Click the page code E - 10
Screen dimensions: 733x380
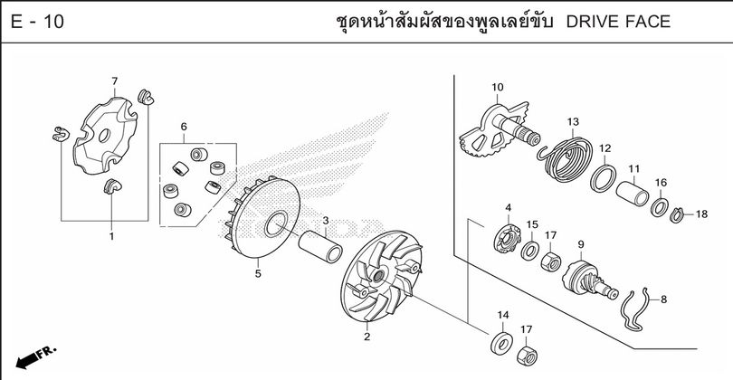coord(37,22)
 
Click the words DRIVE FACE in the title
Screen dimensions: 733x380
coord(618,22)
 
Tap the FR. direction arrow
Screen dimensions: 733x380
coord(35,357)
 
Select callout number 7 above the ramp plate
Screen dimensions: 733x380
coord(115,81)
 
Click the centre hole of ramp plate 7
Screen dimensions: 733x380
coord(104,136)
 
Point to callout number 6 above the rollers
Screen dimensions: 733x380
coord(184,126)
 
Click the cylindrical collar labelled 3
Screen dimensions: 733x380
coord(320,246)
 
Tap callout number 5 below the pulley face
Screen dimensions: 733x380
coord(258,273)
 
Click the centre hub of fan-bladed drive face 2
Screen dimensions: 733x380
coord(378,275)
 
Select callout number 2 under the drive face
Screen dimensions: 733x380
coord(367,337)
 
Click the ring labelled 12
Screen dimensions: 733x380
coord(603,178)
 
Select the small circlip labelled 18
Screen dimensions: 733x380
coord(676,215)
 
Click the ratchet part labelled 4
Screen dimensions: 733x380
coord(508,238)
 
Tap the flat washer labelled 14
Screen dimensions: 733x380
coord(501,344)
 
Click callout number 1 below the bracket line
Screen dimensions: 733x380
coord(111,236)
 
